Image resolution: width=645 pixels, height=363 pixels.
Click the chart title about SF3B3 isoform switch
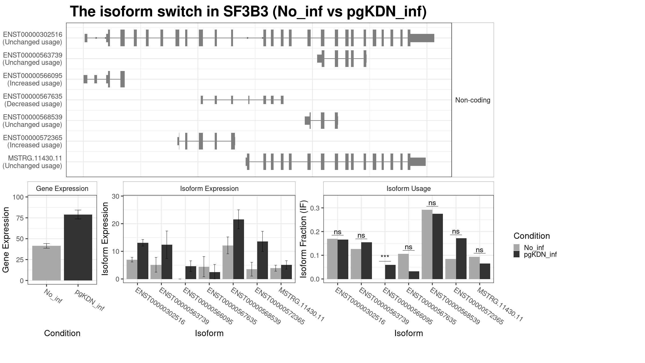point(248,12)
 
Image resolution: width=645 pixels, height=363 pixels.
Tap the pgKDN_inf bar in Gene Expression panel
point(78,247)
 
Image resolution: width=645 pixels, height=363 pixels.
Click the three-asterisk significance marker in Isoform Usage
point(385,257)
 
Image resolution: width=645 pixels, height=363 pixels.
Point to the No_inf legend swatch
point(517,247)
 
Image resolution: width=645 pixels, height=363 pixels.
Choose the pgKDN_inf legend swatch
point(517,254)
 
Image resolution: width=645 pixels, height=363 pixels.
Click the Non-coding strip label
point(472,100)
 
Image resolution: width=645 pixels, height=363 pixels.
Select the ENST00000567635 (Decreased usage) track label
point(33,100)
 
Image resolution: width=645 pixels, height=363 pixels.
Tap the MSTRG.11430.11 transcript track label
point(33,162)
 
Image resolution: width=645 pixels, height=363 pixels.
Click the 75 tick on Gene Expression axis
point(18,218)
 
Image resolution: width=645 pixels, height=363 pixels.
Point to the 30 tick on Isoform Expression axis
point(116,196)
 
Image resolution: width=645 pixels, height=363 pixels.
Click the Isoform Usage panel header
point(408,188)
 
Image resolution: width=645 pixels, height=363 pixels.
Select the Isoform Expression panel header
point(209,188)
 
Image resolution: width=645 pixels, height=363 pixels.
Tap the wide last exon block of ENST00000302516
point(422,38)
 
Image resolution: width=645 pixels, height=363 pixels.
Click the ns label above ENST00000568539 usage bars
point(432,203)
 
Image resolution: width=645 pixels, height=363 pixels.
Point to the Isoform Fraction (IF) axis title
point(304,239)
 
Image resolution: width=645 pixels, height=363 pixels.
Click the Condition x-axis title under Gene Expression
point(62,333)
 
